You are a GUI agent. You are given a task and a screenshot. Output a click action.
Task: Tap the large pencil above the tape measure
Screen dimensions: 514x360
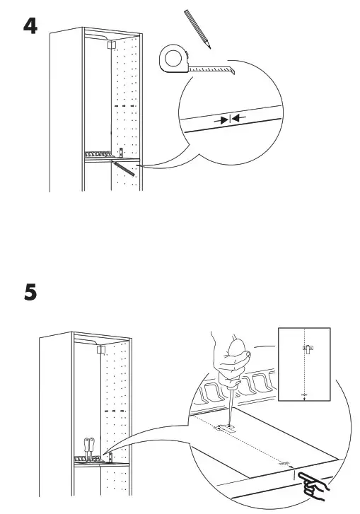click(x=198, y=28)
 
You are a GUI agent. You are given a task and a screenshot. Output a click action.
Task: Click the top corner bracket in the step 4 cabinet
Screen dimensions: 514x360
click(x=110, y=44)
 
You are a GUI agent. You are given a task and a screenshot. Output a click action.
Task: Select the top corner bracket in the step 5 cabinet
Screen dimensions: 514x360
click(x=101, y=349)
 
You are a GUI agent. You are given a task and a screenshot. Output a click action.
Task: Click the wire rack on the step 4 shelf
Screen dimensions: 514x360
click(x=97, y=154)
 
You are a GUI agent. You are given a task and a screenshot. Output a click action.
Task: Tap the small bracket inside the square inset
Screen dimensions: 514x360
click(x=306, y=349)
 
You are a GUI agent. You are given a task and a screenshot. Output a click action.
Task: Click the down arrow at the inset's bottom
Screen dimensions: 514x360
click(x=303, y=397)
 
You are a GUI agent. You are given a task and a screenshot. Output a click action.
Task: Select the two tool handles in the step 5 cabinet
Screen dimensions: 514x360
click(x=89, y=445)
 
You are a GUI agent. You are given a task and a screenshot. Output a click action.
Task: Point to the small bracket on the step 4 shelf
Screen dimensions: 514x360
click(x=122, y=151)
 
